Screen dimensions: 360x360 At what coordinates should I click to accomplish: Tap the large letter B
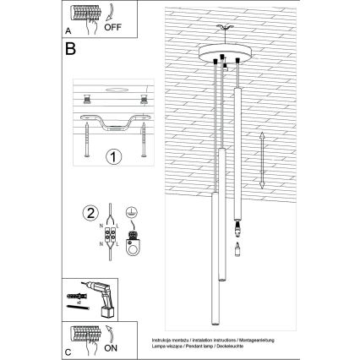71,49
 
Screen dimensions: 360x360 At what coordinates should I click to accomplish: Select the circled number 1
112,156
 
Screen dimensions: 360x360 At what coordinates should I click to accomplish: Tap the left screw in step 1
88,134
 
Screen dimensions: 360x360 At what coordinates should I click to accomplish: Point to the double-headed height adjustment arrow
263,160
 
